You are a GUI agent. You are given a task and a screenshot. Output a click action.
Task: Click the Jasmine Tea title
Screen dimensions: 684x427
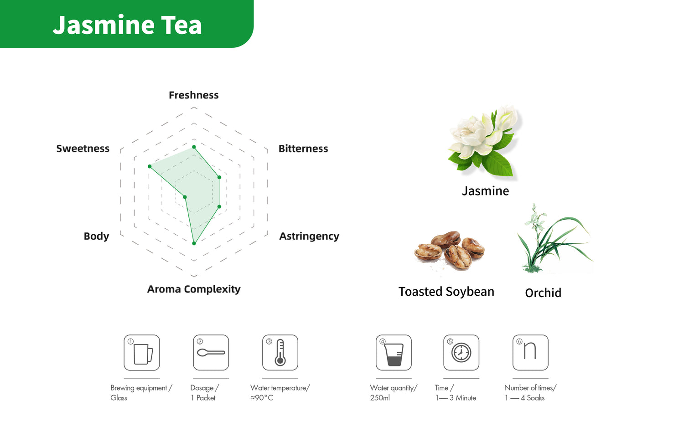point(127,25)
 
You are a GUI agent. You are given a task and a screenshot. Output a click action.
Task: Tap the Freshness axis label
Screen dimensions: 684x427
point(194,95)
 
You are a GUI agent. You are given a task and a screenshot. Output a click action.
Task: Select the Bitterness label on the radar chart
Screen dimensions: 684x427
point(303,149)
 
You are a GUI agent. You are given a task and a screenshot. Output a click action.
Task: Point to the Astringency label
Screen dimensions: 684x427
point(309,236)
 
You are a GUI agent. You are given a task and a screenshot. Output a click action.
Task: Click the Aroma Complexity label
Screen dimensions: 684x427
point(194,289)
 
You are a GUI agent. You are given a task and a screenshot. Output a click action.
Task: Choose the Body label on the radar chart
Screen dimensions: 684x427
point(96,236)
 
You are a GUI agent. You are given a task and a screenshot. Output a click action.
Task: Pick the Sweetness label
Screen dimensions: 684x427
point(83,149)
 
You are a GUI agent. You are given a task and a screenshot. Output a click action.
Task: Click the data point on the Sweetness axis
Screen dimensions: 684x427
point(150,166)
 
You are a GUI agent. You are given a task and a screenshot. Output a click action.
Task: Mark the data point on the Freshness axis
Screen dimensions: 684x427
point(194,147)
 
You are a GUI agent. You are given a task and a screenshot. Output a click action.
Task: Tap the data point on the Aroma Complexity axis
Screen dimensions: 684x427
point(194,243)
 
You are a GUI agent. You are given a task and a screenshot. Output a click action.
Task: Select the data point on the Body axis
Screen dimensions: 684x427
point(185,197)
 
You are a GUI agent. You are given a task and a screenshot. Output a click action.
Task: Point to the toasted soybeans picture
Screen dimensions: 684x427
point(449,251)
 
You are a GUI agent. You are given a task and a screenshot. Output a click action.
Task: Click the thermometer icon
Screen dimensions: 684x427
point(280,353)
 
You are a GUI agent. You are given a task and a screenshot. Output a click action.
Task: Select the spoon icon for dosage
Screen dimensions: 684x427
point(211,353)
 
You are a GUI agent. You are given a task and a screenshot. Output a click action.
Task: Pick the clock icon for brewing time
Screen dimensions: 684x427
point(461,353)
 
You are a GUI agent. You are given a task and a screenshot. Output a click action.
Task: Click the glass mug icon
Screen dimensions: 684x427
point(143,354)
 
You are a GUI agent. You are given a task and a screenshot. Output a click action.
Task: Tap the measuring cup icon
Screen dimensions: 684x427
point(394,355)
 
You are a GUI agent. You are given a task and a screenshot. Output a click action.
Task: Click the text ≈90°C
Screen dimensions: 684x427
point(262,398)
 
